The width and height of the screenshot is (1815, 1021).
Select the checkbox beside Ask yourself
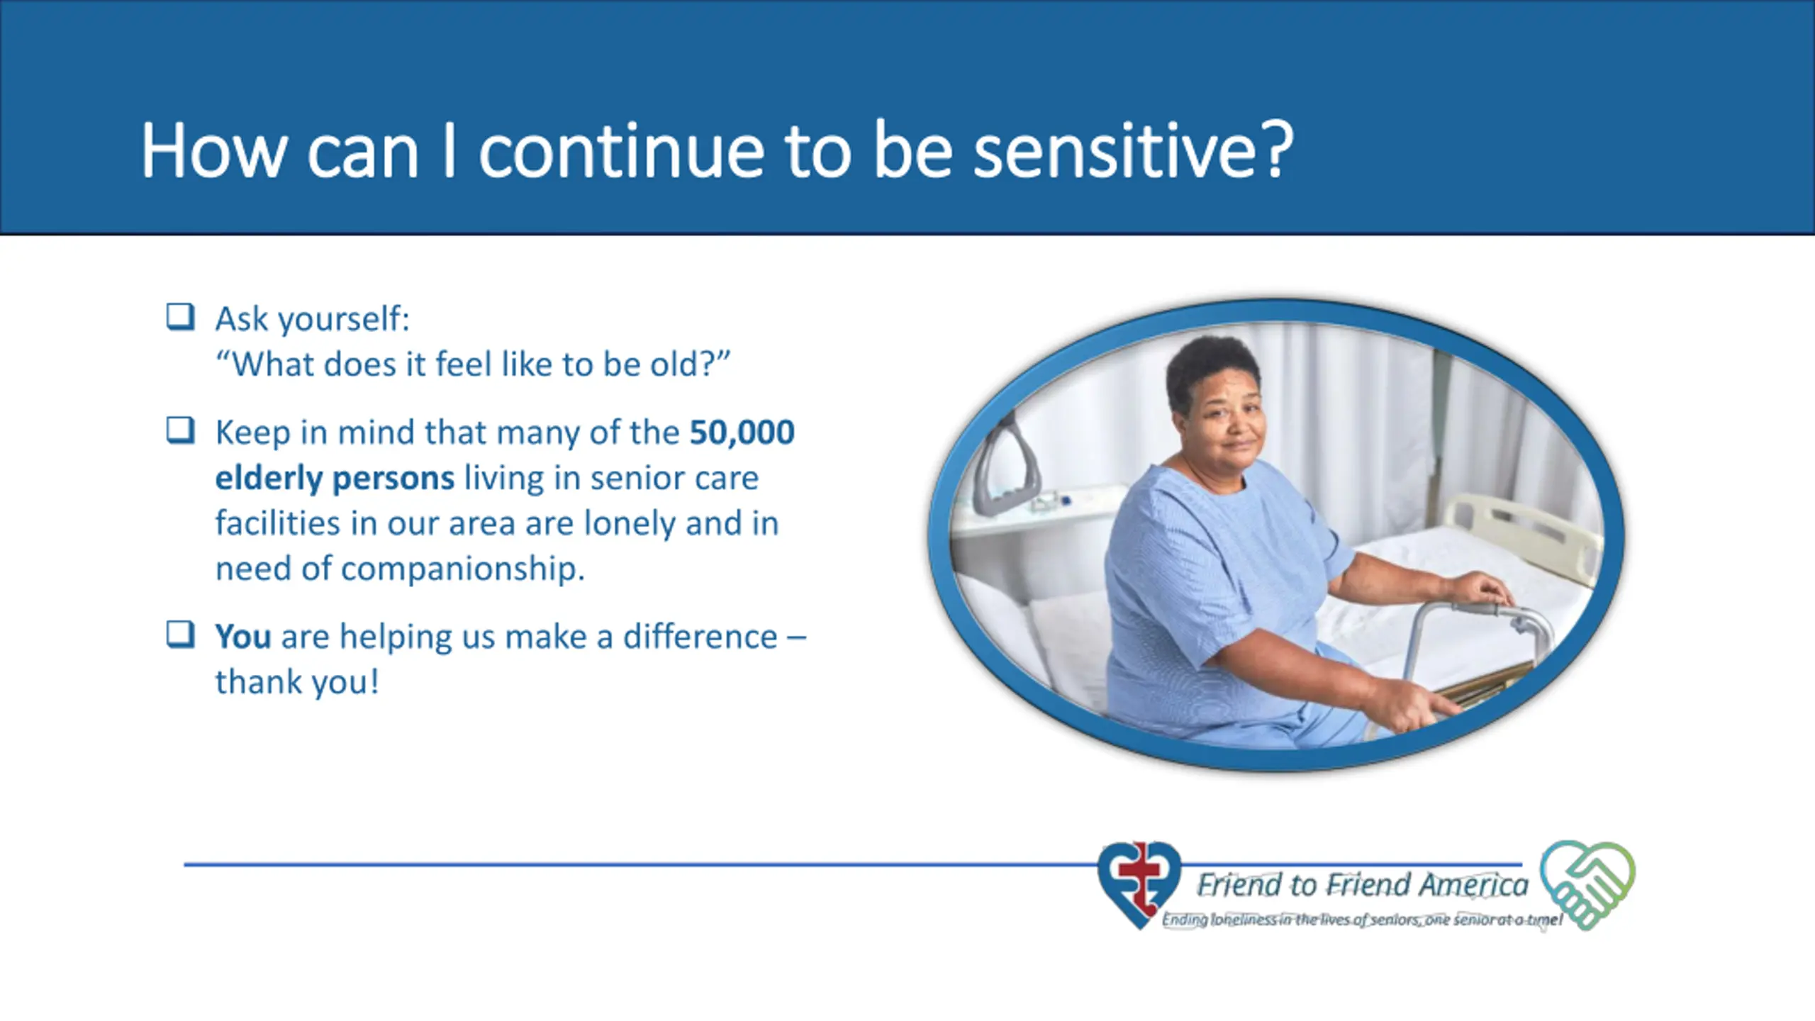pyautogui.click(x=180, y=317)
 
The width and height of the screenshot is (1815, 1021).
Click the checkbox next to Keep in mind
pyautogui.click(x=180, y=430)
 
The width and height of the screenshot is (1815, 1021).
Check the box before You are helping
pyautogui.click(x=180, y=635)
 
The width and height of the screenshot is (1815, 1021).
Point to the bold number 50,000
pyautogui.click(x=742, y=433)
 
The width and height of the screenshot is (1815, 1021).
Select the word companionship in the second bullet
pyautogui.click(x=463, y=569)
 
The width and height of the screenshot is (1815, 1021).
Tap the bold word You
pyautogui.click(x=243, y=636)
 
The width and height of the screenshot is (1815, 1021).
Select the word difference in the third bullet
pyautogui.click(x=700, y=636)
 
